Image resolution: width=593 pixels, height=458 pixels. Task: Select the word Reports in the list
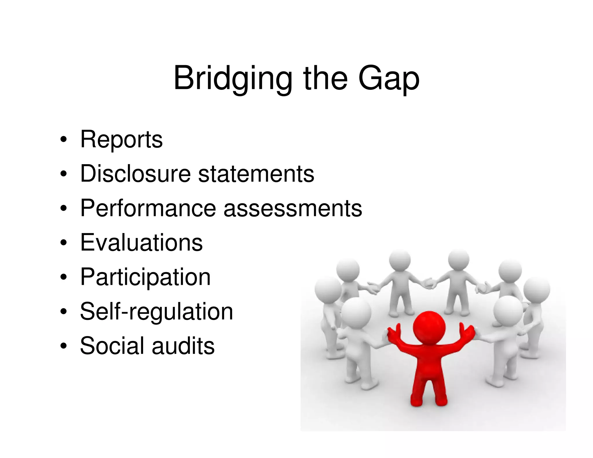click(x=121, y=140)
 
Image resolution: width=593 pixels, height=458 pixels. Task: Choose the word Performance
click(x=148, y=208)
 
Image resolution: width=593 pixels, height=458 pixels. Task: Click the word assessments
click(x=293, y=208)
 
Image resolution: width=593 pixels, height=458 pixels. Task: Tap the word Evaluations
click(x=141, y=243)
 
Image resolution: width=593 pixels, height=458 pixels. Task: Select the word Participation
click(x=145, y=277)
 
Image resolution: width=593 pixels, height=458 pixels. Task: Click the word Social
click(x=112, y=346)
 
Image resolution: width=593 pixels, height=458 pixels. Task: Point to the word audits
click(x=183, y=346)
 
